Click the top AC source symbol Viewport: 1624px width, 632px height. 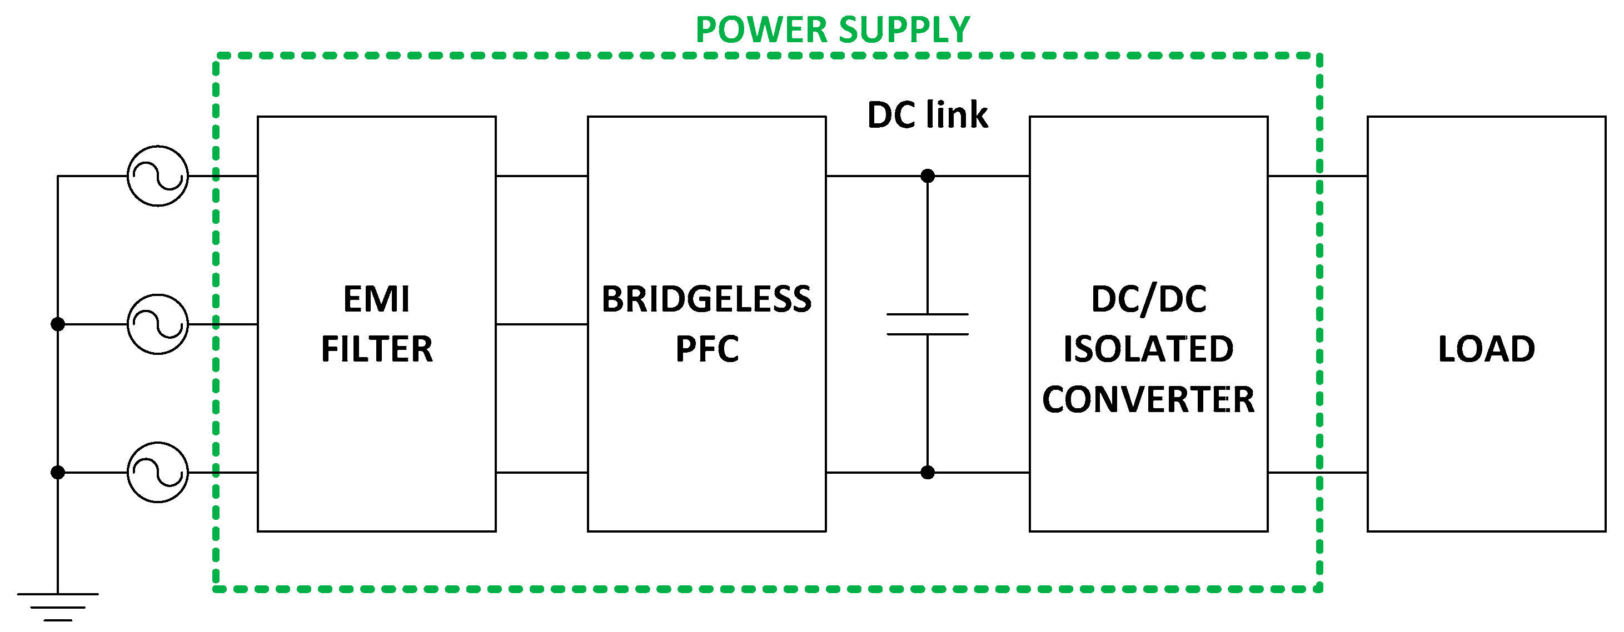tap(158, 177)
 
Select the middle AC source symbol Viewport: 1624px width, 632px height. tap(158, 324)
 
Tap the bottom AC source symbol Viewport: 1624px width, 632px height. tap(158, 473)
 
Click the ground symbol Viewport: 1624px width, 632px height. tap(57, 606)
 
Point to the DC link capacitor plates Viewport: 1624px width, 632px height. tap(928, 324)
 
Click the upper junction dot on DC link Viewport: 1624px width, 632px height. tap(928, 176)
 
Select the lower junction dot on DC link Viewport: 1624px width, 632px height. tap(928, 473)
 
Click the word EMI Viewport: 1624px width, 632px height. tap(376, 299)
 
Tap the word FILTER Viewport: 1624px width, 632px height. tap(377, 349)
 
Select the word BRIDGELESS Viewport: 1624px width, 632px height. tap(707, 299)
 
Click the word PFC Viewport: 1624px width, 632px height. tap(707, 349)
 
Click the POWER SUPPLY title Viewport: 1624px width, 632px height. tap(832, 29)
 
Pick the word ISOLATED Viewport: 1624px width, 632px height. tap(1148, 349)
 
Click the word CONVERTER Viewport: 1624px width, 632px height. tap(1148, 399)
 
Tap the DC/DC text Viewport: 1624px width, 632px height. tap(1149, 299)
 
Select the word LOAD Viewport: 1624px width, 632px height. tap(1486, 349)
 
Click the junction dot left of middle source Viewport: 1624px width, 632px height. tap(57, 324)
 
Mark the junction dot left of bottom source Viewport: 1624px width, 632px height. tap(57, 473)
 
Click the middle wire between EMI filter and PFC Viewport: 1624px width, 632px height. tap(541, 324)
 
